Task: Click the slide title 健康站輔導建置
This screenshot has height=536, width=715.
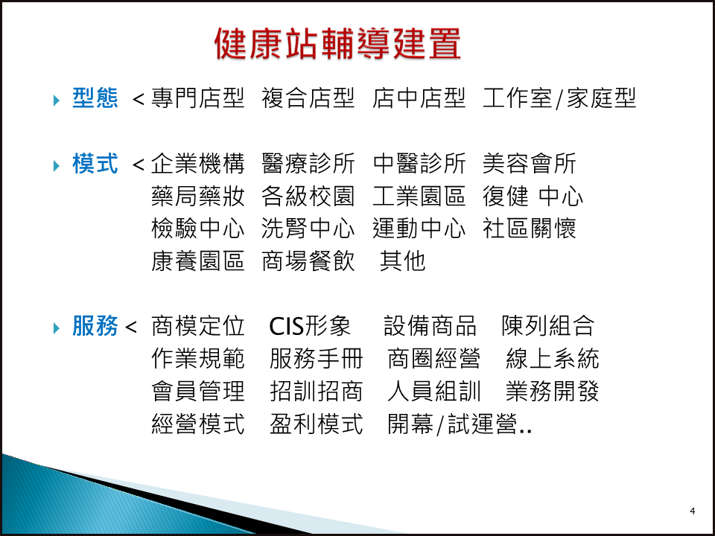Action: coord(337,44)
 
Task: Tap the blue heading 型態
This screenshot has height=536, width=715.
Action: coord(95,98)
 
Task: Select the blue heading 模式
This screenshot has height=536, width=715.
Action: coord(95,163)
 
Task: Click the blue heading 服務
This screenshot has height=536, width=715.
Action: coord(95,326)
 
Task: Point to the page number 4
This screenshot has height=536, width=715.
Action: coord(692,511)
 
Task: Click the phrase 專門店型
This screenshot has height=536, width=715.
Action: coord(198,98)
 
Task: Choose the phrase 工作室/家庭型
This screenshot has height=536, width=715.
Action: coord(559,98)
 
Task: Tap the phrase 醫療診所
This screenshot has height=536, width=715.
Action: coord(308,163)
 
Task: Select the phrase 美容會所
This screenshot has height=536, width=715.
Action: coord(530,163)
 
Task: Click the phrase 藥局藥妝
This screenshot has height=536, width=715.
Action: coord(198,196)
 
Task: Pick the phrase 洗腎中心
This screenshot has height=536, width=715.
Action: coord(308,229)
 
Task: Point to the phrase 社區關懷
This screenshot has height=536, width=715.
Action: coord(530,229)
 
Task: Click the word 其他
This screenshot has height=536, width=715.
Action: coord(403,261)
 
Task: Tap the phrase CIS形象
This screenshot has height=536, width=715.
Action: coord(310,326)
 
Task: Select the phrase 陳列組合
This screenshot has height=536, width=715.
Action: coord(548,326)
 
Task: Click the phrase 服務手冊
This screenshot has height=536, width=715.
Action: coord(316,359)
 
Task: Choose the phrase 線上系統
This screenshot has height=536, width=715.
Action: coord(552,359)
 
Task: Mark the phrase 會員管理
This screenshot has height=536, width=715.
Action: coord(198,391)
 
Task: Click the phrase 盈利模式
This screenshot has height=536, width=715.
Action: coord(316,424)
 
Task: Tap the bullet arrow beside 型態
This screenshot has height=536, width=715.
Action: coord(57,100)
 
